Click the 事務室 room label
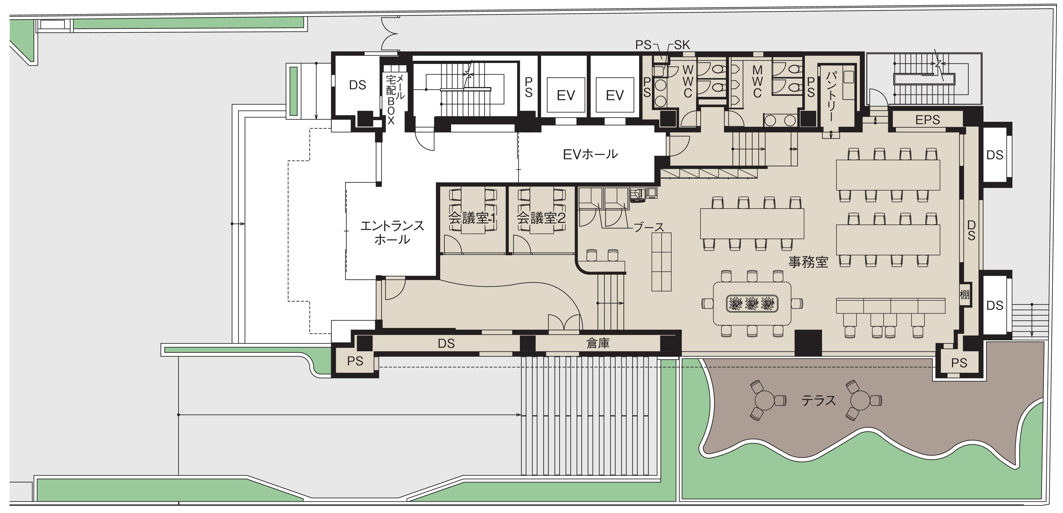[808, 262]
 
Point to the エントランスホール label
[392, 233]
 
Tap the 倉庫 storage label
[598, 343]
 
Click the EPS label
[928, 120]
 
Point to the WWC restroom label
[688, 81]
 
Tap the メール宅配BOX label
[395, 99]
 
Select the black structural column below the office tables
[808, 343]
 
